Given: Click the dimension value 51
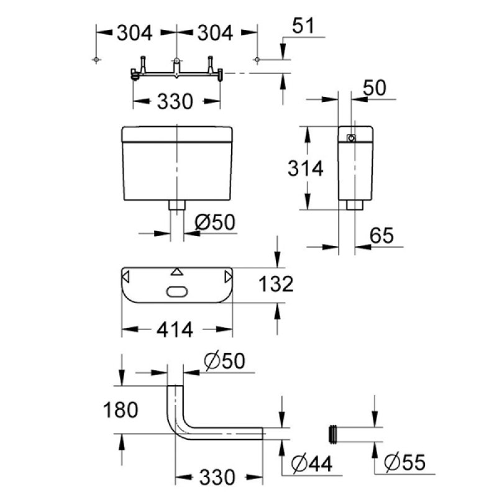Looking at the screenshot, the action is click(x=303, y=25).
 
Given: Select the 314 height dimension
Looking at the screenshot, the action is click(x=305, y=168).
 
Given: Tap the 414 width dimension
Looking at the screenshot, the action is click(x=175, y=330).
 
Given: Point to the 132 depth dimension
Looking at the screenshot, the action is click(x=276, y=284).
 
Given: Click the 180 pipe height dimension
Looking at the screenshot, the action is click(x=121, y=410).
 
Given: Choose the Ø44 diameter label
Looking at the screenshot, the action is click(x=312, y=464).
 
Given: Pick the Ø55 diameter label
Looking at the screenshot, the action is click(x=404, y=462).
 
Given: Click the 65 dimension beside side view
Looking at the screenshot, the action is click(x=381, y=235).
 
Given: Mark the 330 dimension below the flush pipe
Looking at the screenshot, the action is click(x=217, y=477).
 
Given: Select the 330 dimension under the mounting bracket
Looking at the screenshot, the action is click(x=175, y=101).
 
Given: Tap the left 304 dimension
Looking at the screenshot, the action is click(x=135, y=33).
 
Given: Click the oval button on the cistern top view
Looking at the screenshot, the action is click(x=177, y=291).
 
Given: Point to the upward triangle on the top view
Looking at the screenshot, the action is click(x=177, y=271).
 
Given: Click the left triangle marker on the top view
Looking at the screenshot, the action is click(x=125, y=276).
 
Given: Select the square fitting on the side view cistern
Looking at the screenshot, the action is click(x=351, y=138).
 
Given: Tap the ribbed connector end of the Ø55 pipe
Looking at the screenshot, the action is click(x=333, y=434).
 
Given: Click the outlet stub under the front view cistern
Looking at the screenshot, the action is click(x=177, y=205).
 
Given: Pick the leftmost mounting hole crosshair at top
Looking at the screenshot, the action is click(x=96, y=60).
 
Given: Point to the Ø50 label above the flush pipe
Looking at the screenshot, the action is click(x=224, y=361).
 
